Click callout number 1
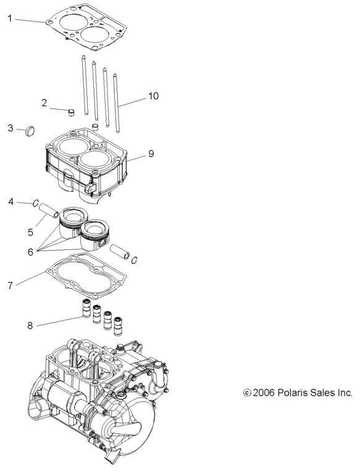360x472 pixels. click(x=10, y=19)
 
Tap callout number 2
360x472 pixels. click(x=44, y=102)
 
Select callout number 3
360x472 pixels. click(x=10, y=128)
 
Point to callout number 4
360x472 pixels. click(x=11, y=201)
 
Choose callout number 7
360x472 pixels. click(x=10, y=286)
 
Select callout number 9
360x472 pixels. click(x=151, y=154)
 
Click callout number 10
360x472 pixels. click(x=153, y=96)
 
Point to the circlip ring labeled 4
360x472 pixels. click(x=37, y=203)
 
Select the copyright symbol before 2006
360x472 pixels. click(x=248, y=392)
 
